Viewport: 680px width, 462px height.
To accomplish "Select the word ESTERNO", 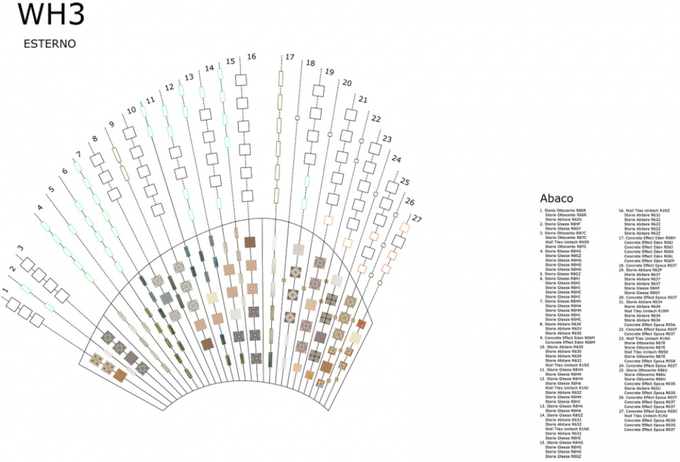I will pyautogui.click(x=49, y=44).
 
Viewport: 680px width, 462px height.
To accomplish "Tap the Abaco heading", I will pyautogui.click(x=556, y=199).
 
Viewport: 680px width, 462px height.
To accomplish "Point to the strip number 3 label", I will pyautogui.click(x=20, y=248).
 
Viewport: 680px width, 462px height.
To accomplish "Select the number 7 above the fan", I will pyautogui.click(x=78, y=154).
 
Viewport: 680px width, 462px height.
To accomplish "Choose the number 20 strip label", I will pyautogui.click(x=346, y=82).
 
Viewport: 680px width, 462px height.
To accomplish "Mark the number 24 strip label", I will pyautogui.click(x=396, y=160).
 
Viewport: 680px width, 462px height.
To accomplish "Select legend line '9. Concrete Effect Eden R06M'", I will pyautogui.click(x=567, y=337).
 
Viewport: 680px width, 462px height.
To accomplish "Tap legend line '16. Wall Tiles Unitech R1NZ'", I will pyautogui.click(x=643, y=211).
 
